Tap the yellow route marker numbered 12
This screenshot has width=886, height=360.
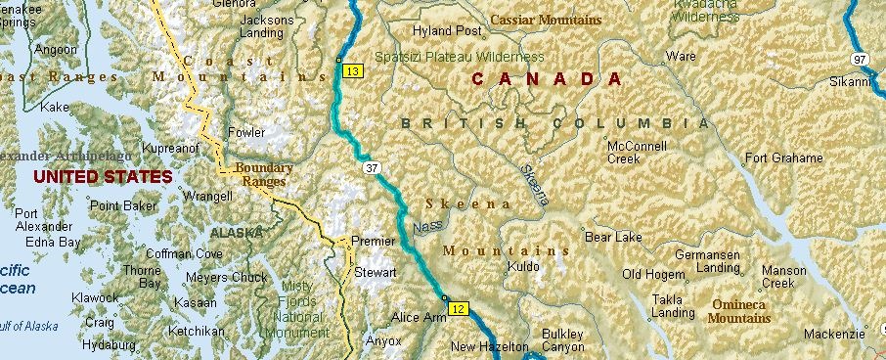459,309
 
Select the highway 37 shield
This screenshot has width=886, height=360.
371,169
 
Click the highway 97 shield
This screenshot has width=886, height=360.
861,61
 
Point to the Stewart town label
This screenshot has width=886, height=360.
376,273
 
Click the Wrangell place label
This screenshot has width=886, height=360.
208,197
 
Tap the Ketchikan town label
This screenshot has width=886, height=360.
197,332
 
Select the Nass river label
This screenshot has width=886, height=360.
426,226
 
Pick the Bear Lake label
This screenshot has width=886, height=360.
613,237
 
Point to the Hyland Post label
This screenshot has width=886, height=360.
448,31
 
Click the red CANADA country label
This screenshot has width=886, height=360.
546,79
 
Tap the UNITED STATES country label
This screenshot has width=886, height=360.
102,177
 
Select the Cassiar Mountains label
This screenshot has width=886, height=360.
546,20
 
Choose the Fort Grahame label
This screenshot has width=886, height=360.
783,157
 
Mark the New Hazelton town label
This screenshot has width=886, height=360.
489,347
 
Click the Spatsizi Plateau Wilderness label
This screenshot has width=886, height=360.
460,57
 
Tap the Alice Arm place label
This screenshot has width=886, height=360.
419,318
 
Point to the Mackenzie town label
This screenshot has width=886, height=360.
834,335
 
